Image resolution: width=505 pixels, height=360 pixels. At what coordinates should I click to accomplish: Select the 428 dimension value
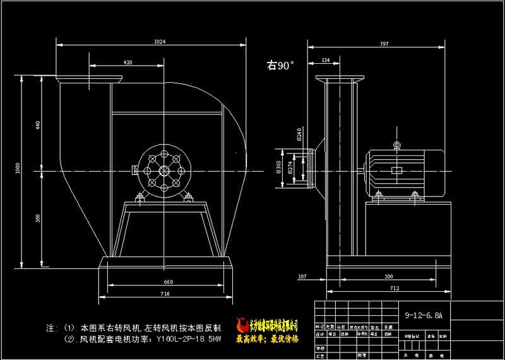[128, 63]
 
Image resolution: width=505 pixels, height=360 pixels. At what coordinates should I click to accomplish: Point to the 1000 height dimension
[19, 169]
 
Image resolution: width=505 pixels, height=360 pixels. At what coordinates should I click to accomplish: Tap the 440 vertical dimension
[38, 124]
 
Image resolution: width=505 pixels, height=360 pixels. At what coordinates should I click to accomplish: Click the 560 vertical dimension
[38, 218]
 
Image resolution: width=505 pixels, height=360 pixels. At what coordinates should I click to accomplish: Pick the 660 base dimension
[168, 282]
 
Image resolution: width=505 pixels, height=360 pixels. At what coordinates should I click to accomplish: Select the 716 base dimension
[165, 294]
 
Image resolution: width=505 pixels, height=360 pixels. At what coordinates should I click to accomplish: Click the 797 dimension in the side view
[384, 44]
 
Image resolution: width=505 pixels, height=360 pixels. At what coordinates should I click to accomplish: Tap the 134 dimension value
[326, 60]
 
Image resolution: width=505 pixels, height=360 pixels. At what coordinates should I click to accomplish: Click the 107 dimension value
[302, 276]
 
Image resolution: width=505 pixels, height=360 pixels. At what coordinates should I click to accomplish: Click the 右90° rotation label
[281, 65]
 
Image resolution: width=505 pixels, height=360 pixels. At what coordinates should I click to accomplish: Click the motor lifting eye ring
[397, 145]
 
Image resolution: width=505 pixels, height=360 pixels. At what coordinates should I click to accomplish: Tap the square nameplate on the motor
[396, 171]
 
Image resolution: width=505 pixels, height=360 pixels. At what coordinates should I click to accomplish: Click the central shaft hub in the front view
[164, 171]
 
